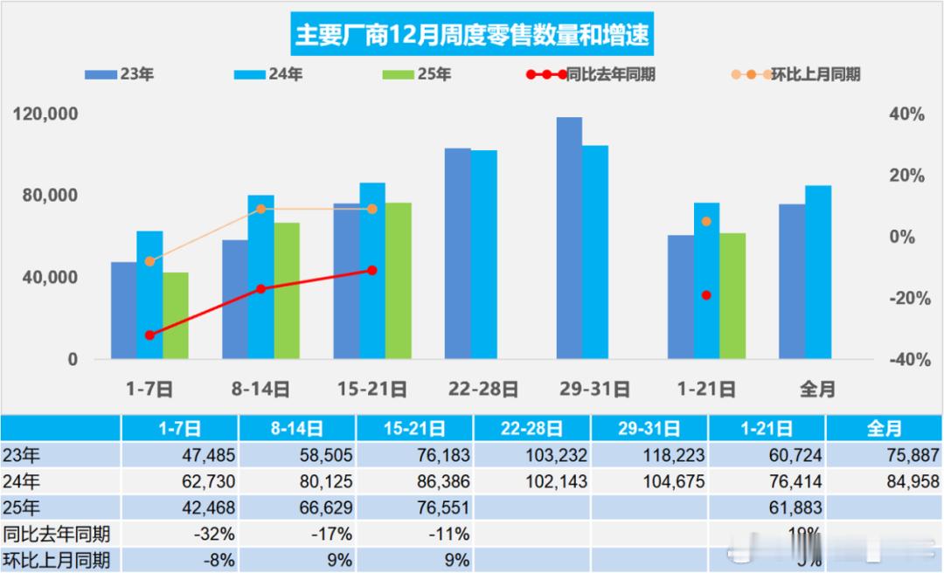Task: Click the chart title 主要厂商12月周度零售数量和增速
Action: click(x=472, y=36)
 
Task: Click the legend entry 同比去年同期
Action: click(x=586, y=74)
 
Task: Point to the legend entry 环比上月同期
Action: click(x=795, y=74)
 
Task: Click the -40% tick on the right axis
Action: click(x=906, y=360)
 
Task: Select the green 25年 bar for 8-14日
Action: click(x=287, y=290)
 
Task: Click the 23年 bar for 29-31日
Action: click(x=569, y=238)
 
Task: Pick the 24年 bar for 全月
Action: click(x=818, y=272)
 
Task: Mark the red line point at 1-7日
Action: click(x=149, y=335)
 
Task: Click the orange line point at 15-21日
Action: click(x=372, y=209)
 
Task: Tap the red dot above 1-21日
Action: click(x=706, y=295)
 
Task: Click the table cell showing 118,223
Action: click(x=649, y=455)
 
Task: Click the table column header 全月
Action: click(x=884, y=429)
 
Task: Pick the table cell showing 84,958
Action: click(x=884, y=481)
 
